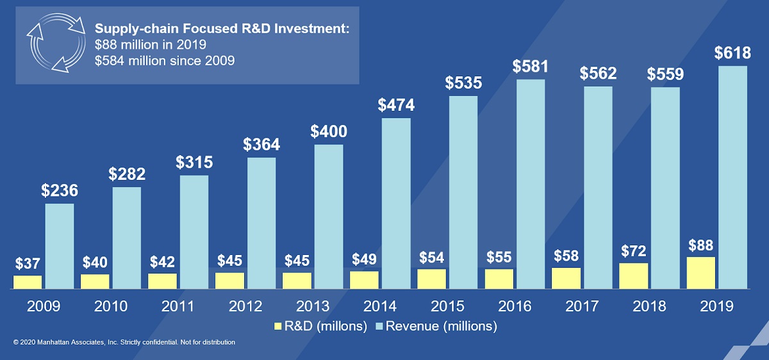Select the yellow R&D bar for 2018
[x=634, y=276]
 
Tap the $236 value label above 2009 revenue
[x=60, y=191]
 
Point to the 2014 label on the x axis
[x=379, y=306]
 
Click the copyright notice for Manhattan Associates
[x=124, y=343]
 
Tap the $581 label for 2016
[x=531, y=67]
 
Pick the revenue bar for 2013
[x=329, y=217]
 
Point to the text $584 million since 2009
[x=164, y=61]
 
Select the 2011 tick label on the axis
[x=178, y=306]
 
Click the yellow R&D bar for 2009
[x=28, y=282]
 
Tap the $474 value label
[x=396, y=105]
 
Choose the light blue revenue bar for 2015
[x=463, y=193]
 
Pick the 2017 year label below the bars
[x=581, y=306]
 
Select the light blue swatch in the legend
[x=380, y=327]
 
